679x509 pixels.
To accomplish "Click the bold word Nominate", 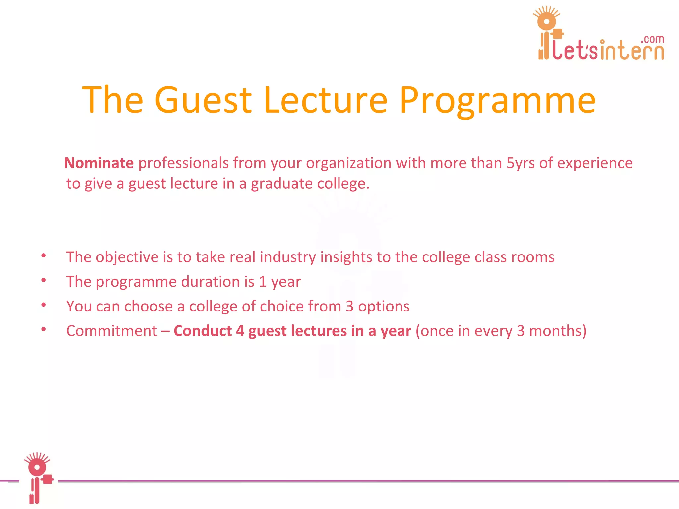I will coord(99,163).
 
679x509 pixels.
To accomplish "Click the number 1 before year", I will coord(263,282).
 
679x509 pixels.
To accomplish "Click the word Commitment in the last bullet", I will coord(112,331).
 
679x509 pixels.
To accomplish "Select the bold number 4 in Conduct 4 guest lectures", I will coord(240,331).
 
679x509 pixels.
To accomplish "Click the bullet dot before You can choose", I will coord(44,305).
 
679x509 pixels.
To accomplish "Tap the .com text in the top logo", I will coord(652,39).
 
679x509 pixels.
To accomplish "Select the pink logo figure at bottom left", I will coord(37,477).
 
